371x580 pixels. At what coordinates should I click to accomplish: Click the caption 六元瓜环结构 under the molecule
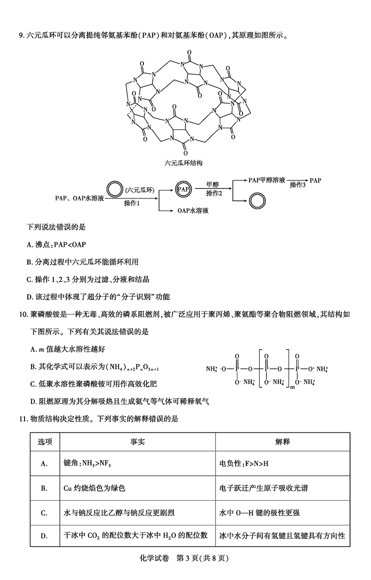184,163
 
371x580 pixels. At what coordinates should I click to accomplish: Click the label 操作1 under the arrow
132,203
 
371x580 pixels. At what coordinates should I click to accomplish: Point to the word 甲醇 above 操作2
213,185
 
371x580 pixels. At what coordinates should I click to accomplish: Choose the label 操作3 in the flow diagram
298,185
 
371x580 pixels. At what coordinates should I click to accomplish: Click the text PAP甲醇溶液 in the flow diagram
267,180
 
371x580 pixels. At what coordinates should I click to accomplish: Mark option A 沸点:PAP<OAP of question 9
58,244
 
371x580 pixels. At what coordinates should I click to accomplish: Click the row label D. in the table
45,536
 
